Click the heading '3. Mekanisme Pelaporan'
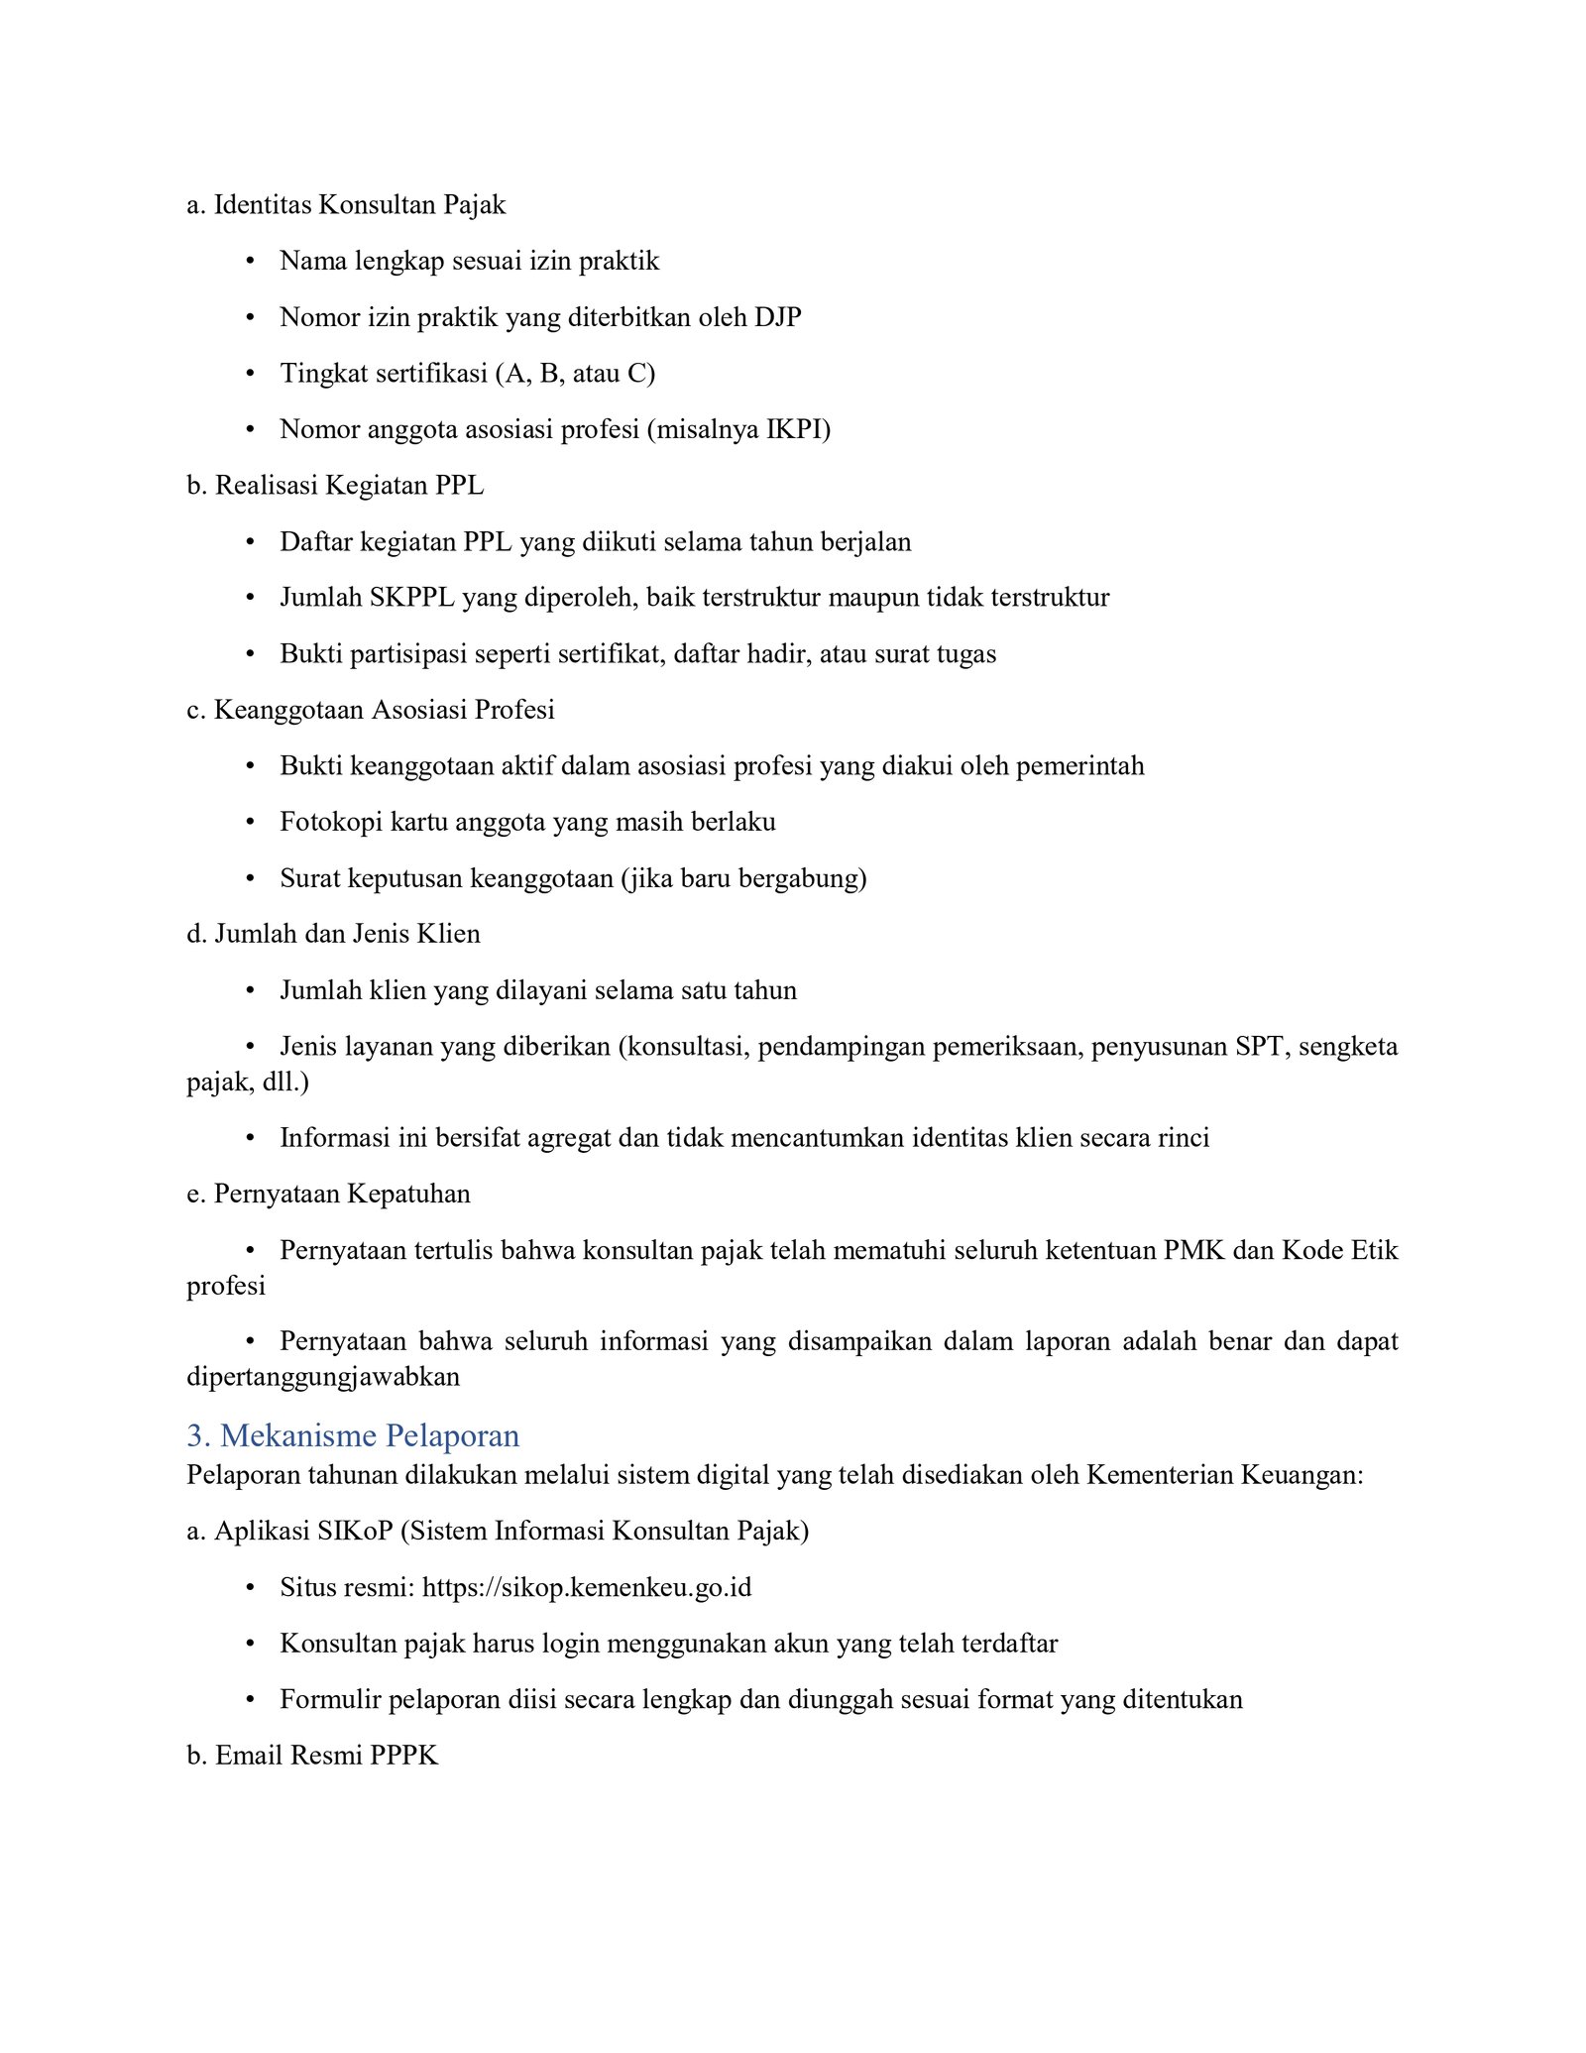[353, 1435]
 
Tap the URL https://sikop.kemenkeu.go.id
[587, 1587]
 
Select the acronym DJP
[778, 317]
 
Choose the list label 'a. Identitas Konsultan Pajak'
[346, 205]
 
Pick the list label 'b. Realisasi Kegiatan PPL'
[335, 486]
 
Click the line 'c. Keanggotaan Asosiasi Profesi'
[370, 710]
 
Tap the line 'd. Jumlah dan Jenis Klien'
[333, 934]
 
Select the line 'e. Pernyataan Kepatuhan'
[328, 1194]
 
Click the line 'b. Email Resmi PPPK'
[312, 1756]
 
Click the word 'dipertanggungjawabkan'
[323, 1377]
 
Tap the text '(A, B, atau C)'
[575, 374]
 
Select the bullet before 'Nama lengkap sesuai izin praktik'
[251, 262]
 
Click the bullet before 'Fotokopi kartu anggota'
[251, 823]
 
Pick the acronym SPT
[1259, 1047]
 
